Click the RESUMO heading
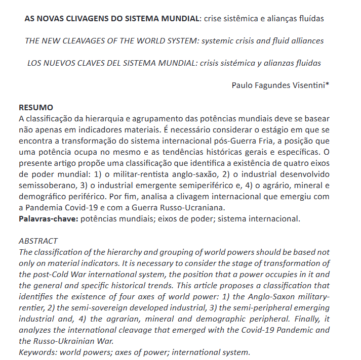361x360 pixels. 35,107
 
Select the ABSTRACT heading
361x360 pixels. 38,241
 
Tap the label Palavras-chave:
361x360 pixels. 49,219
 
